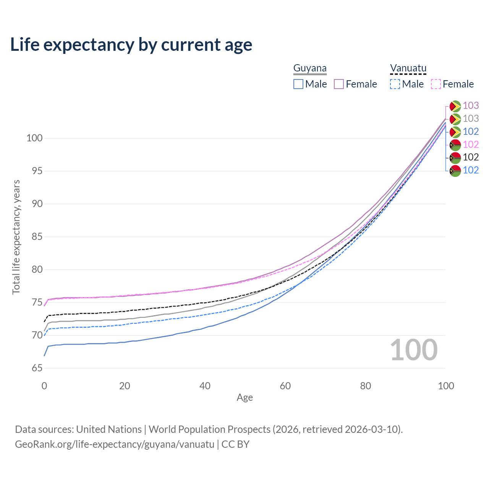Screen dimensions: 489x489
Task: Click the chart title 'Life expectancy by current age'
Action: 131,45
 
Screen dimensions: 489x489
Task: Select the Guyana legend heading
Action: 310,68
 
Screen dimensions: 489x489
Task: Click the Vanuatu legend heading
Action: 408,68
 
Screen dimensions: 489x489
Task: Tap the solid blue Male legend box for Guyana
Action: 298,84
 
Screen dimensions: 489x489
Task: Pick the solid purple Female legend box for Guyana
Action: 339,84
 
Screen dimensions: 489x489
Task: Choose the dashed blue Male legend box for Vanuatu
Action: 395,84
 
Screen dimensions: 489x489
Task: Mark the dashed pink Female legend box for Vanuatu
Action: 436,84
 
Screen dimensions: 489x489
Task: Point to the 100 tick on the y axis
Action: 34,138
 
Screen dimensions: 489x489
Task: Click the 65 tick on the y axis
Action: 37,368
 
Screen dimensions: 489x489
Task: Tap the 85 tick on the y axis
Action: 37,237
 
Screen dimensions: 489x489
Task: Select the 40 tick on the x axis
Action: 205,386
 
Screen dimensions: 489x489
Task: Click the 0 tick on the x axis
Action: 44,386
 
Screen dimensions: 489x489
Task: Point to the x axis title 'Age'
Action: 244,398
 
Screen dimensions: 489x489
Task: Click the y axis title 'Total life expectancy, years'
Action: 16,237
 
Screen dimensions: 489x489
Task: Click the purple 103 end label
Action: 471,105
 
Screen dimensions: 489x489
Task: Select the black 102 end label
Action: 471,157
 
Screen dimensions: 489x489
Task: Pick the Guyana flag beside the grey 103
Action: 455,119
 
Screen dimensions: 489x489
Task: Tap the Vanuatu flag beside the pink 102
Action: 455,145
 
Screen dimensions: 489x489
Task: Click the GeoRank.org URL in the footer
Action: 115,444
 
